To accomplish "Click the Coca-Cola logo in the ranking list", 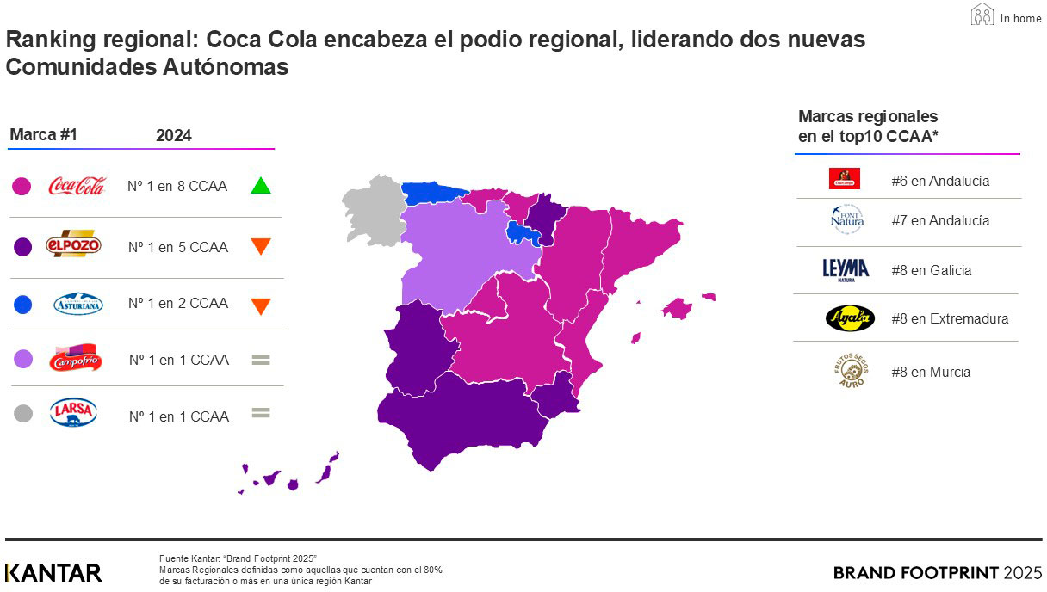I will click(77, 185).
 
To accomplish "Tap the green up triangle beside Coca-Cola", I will click(261, 185).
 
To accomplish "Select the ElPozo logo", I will click(73, 245).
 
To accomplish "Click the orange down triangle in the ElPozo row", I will click(261, 246).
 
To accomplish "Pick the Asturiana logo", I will click(77, 303).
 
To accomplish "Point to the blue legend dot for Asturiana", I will click(23, 304).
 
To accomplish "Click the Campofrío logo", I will click(77, 358).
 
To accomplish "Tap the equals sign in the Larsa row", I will click(261, 413).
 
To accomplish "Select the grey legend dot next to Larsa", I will click(23, 414).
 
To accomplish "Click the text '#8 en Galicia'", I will click(931, 270).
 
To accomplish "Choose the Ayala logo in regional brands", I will click(849, 318).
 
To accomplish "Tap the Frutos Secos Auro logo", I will click(849, 371).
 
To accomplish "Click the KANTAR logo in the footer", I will click(53, 572).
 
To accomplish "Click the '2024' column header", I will click(174, 136).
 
